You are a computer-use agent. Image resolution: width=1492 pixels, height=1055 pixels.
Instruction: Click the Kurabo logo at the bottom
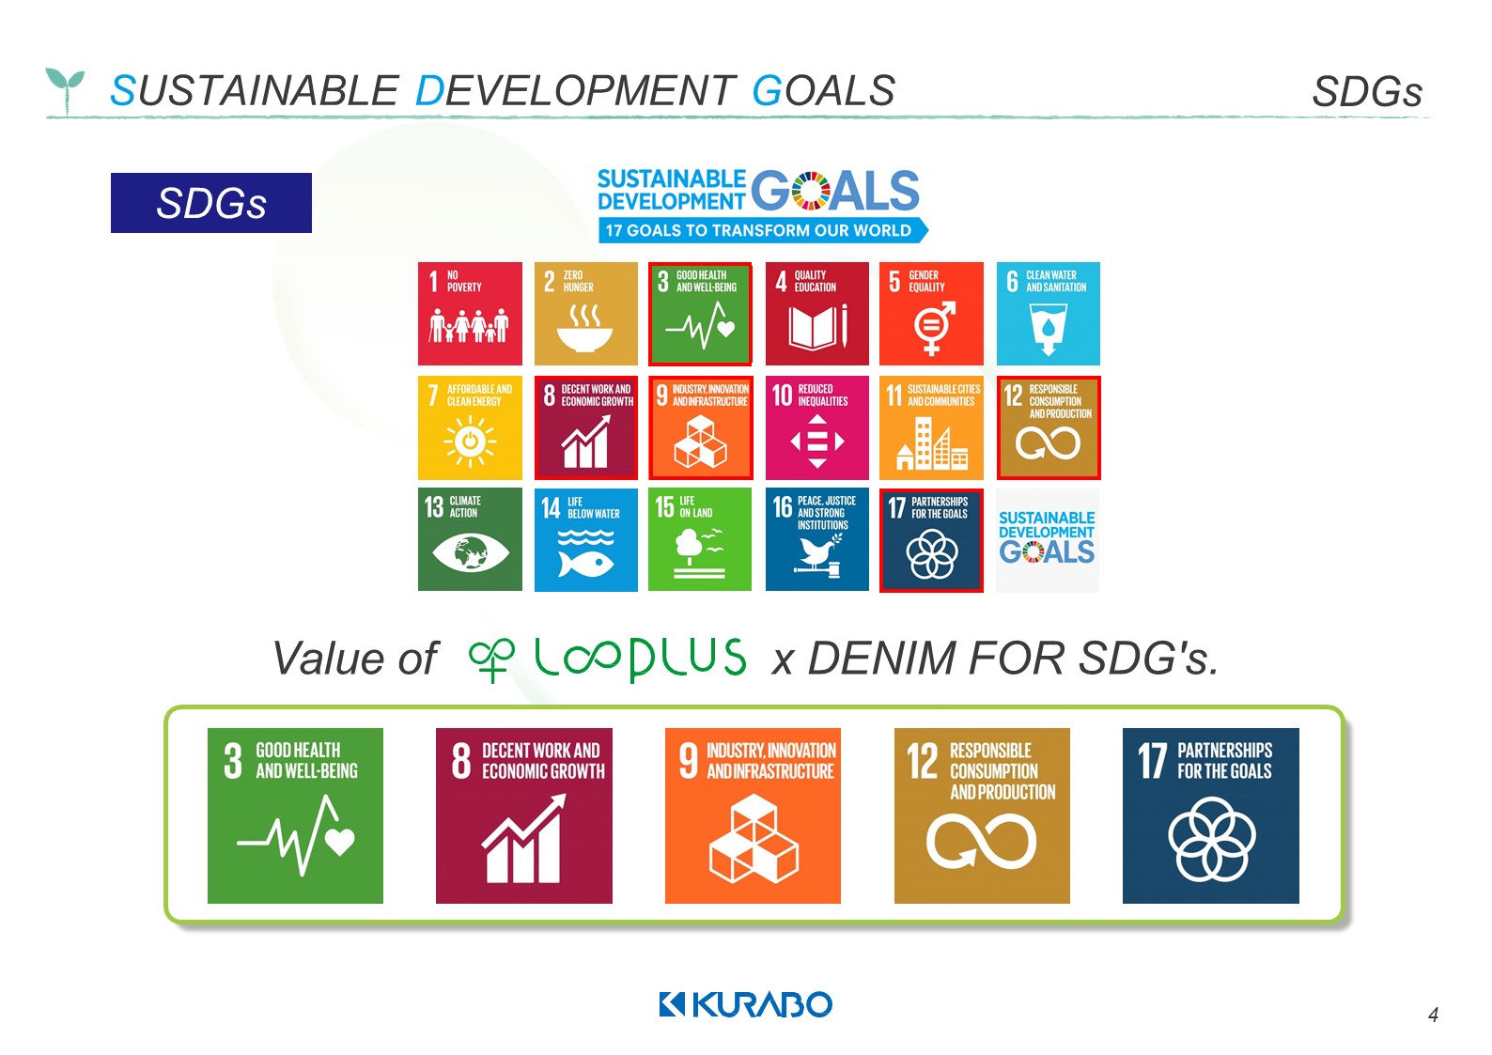pos(745,1004)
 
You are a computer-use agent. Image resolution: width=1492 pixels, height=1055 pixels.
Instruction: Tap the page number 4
pos(1433,1015)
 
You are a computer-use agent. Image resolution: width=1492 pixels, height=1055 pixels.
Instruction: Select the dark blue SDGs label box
pos(211,203)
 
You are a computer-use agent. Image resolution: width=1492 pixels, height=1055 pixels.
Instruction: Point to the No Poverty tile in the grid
pos(471,314)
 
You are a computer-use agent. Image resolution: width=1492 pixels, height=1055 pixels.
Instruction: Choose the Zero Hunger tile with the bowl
pos(586,314)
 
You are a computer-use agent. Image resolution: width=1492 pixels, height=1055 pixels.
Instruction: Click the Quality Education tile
pos(817,314)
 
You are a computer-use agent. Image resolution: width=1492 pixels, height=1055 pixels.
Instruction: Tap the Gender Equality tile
pos(931,314)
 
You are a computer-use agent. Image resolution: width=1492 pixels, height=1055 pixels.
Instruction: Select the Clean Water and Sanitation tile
pos(1049,314)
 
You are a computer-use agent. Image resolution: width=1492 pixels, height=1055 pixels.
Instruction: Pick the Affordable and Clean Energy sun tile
pos(471,427)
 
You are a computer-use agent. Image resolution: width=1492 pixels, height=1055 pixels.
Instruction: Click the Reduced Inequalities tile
pos(817,427)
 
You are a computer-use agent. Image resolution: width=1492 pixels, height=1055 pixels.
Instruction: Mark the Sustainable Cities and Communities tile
pos(931,427)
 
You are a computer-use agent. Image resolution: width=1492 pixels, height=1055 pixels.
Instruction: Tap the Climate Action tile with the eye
pos(471,539)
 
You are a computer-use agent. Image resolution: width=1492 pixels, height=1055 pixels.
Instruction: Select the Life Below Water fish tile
pos(586,539)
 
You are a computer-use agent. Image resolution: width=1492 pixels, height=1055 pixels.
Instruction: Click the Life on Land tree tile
pos(700,539)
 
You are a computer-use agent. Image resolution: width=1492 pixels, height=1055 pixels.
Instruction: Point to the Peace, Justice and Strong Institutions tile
pos(817,539)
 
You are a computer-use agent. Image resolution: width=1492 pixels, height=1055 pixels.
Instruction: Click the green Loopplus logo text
pos(608,659)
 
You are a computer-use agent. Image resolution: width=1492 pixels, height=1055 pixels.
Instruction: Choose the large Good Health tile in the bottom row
pos(295,815)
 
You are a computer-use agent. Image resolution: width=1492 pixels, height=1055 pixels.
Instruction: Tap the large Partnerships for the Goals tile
pos(1211,815)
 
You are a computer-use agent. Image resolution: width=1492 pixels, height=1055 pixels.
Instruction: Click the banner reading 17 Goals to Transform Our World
pos(763,230)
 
